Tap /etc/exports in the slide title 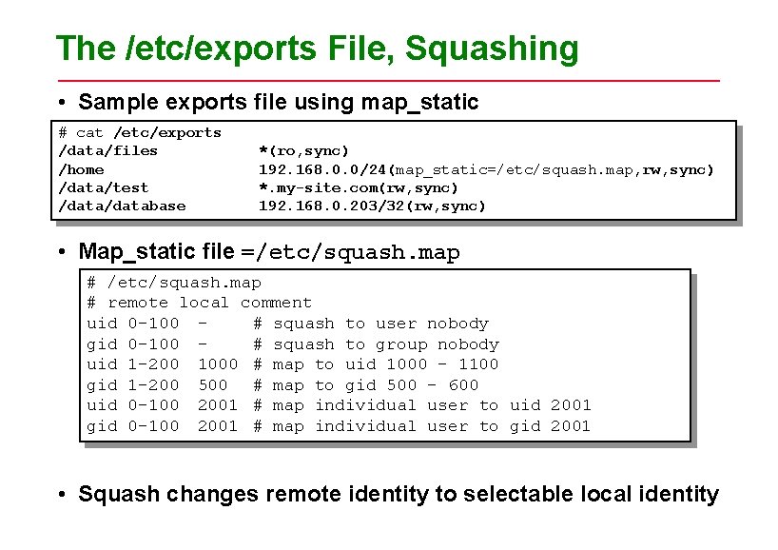(x=195, y=48)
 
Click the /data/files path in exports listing (x=108, y=150)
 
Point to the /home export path (x=82, y=169)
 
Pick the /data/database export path (x=123, y=206)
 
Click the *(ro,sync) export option (x=304, y=150)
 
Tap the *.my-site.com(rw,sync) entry (x=359, y=187)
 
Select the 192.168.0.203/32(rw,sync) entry (x=373, y=206)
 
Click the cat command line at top (x=140, y=132)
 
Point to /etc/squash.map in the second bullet (x=363, y=253)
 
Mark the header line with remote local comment (x=199, y=303)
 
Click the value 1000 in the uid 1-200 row (x=217, y=364)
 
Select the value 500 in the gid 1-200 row (x=212, y=385)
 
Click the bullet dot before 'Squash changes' (x=61, y=496)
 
